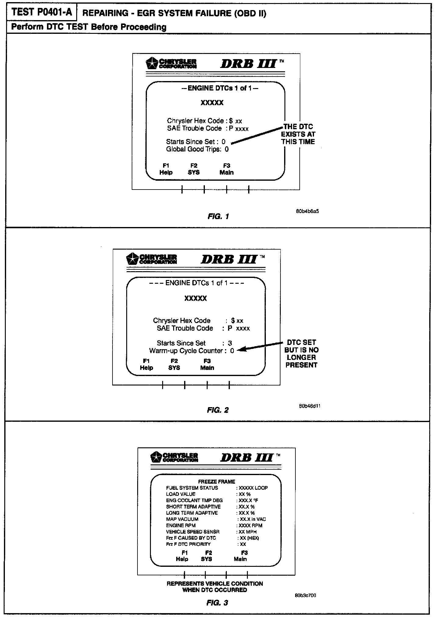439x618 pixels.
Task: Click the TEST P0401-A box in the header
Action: tap(42, 12)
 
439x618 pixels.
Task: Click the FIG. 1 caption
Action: tap(218, 216)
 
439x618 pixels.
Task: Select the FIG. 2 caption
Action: tap(218, 410)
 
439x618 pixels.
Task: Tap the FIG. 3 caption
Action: tap(217, 602)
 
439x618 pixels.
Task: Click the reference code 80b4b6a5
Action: tap(307, 211)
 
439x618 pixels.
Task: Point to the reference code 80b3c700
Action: tap(305, 595)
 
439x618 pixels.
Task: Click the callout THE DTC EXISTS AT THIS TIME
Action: tap(298, 134)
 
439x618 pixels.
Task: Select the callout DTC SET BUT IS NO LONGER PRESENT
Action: tap(301, 353)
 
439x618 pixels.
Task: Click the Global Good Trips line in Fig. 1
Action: tap(197, 149)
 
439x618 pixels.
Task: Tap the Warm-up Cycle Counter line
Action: tap(191, 351)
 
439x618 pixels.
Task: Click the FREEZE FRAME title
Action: tap(216, 481)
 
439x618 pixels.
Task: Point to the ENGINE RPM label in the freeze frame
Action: tap(181, 525)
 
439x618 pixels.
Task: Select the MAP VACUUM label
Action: tap(182, 519)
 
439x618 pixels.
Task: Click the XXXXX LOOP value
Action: tap(253, 488)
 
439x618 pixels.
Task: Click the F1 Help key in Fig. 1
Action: tap(166, 169)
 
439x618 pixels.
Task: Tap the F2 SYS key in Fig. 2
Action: tap(174, 364)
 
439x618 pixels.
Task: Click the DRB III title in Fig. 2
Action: tap(230, 260)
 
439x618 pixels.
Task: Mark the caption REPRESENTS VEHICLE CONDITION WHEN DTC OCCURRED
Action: tap(215, 587)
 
